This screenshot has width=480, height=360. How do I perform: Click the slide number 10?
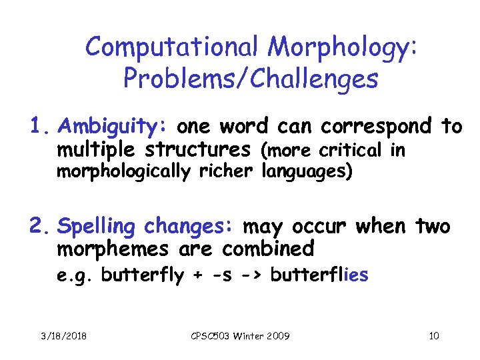pos(434,336)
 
